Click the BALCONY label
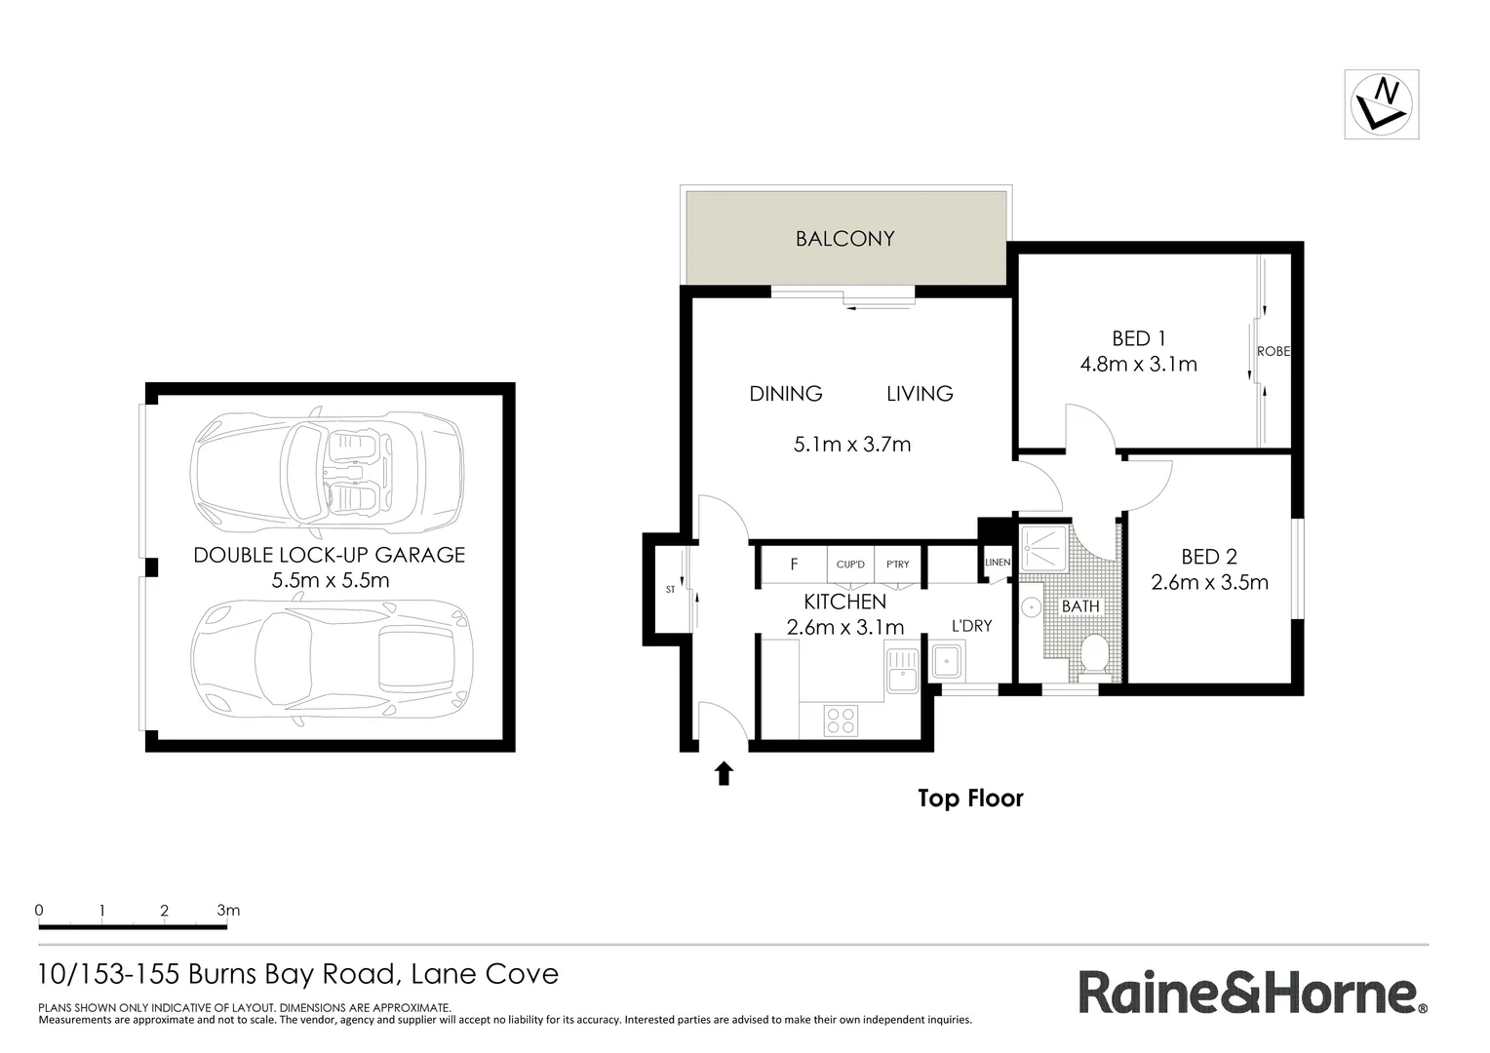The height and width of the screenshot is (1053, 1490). (x=844, y=239)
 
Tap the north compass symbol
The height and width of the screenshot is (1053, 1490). (x=1381, y=104)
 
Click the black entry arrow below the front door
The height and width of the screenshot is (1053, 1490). (x=724, y=773)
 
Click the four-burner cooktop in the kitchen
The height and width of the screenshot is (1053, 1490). (x=841, y=721)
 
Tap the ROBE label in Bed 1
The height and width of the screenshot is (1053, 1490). (x=1274, y=351)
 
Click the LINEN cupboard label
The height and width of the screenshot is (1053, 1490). (x=998, y=563)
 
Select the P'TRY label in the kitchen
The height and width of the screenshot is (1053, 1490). (x=897, y=565)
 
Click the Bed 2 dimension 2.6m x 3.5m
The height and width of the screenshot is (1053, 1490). (x=1209, y=583)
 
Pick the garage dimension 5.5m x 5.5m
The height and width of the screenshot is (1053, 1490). (x=330, y=581)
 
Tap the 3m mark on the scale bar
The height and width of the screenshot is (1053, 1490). (x=228, y=911)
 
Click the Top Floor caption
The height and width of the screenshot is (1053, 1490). (x=970, y=799)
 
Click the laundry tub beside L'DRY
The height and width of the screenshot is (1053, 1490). (x=946, y=662)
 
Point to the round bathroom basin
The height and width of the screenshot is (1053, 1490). (x=1031, y=606)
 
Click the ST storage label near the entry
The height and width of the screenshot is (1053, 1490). (x=670, y=590)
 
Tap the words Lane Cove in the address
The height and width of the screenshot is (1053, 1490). (x=485, y=974)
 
